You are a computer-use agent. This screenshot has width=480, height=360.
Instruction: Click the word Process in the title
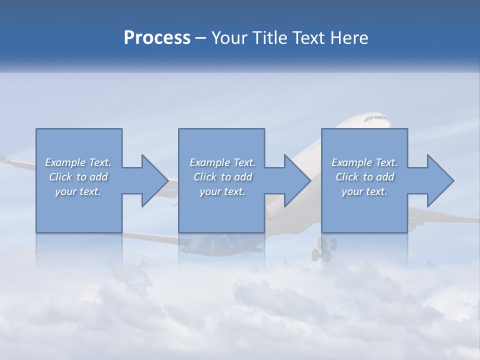coord(157,38)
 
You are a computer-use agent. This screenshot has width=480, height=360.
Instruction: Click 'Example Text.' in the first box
coord(78,162)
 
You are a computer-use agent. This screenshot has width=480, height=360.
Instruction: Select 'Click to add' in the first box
coord(78,177)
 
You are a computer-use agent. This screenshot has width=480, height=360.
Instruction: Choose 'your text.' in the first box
coord(78,191)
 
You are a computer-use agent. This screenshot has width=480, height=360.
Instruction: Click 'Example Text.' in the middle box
coord(222,162)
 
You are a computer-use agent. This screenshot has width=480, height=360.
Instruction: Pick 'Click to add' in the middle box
coord(222,177)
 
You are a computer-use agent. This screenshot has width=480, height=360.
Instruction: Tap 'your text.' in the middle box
coord(222,191)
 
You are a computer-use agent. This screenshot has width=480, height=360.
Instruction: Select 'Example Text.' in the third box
coord(364,162)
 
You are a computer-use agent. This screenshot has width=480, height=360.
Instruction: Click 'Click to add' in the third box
coord(364,177)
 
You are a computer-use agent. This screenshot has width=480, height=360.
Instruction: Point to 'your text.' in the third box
coord(364,191)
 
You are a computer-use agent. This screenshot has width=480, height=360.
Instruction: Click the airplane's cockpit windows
coord(376,118)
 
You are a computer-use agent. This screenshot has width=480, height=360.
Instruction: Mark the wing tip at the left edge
coord(4,158)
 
